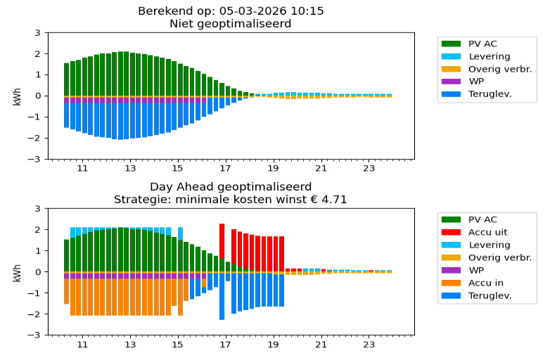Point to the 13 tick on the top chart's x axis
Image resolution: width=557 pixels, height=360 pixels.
click(130, 169)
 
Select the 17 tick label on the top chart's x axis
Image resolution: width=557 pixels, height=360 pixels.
click(226, 169)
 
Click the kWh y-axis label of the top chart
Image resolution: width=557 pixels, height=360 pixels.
click(17, 96)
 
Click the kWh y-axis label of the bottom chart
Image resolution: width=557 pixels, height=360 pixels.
click(17, 271)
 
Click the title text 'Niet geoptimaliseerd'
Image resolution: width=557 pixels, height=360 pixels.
click(230, 24)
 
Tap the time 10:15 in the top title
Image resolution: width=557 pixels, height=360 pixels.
click(308, 11)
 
